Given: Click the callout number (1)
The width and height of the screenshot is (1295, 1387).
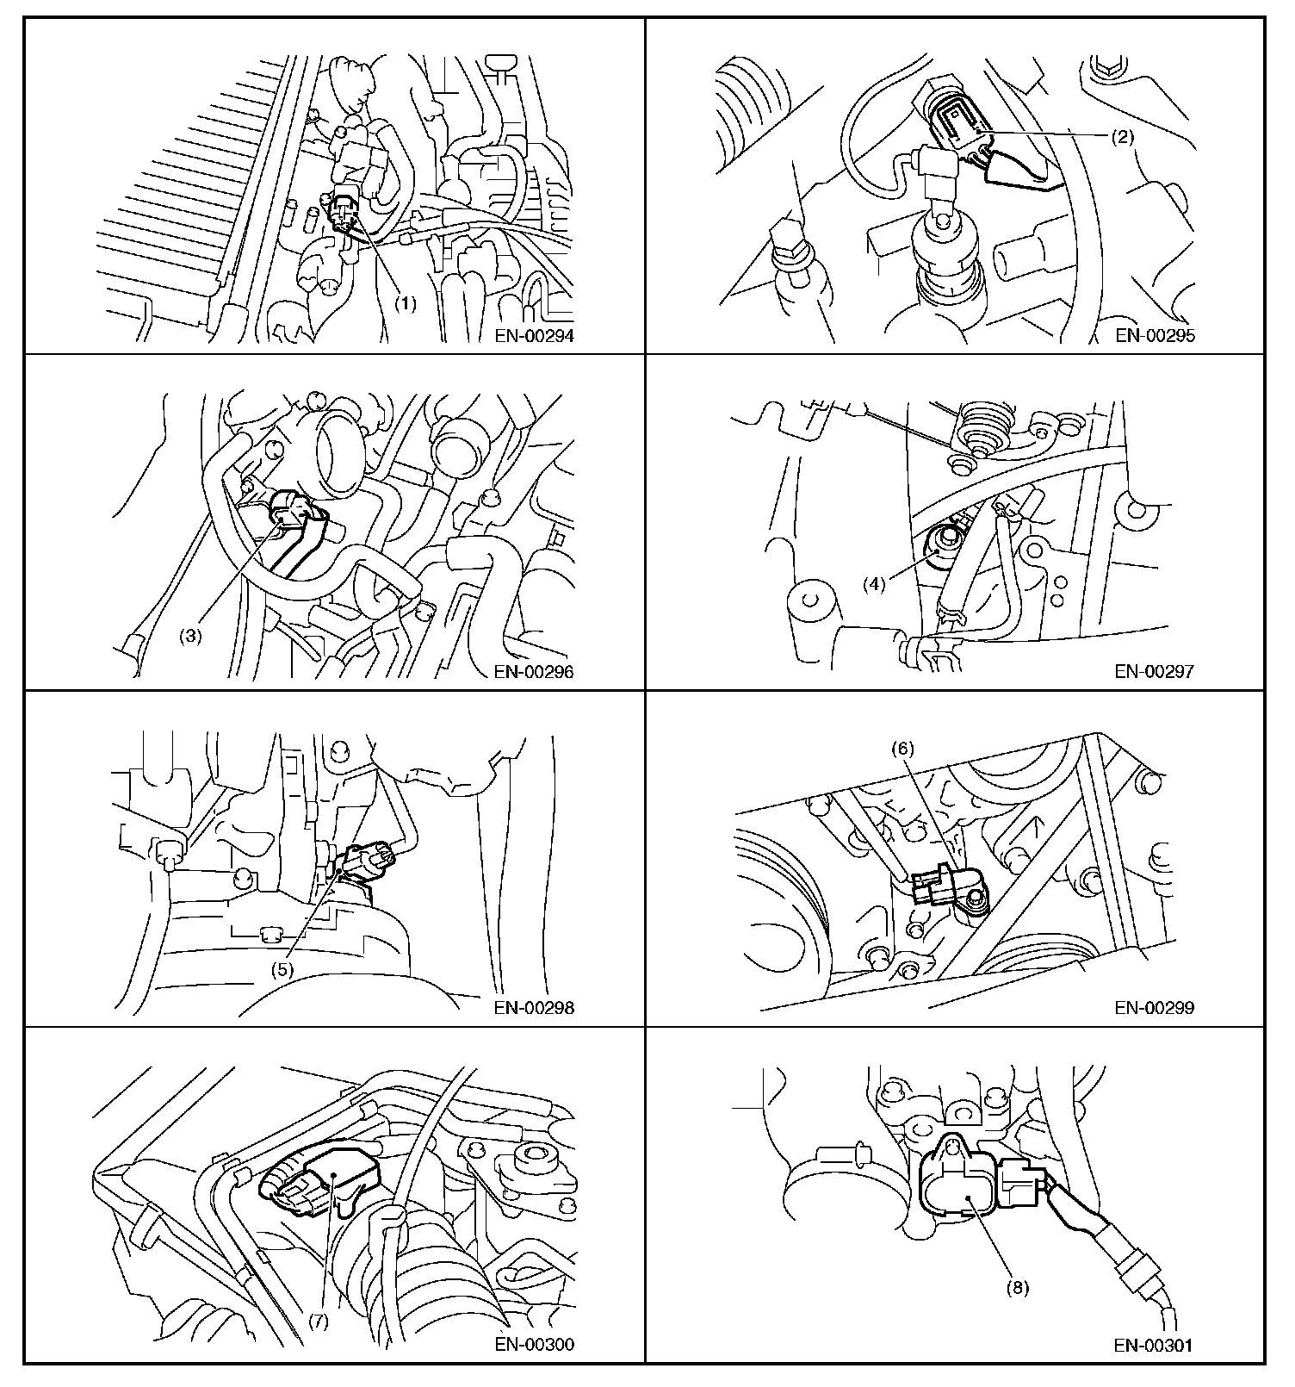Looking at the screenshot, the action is tap(406, 304).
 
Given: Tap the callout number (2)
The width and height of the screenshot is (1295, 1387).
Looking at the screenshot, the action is tap(1121, 136).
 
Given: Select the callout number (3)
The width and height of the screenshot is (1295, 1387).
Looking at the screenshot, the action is tap(190, 637).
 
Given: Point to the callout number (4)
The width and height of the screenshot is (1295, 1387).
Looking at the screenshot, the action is tap(875, 584).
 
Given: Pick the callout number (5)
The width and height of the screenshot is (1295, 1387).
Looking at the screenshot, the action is tap(283, 968).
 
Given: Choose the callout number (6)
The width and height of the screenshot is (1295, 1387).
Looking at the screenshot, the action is tap(902, 749).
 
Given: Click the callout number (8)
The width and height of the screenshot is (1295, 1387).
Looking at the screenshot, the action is tap(1017, 1288).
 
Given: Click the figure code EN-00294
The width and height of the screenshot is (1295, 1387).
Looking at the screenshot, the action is tap(534, 336).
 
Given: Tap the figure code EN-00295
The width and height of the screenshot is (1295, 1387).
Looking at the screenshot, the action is tap(1156, 336).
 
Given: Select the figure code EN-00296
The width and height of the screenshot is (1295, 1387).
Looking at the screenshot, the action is tap(534, 672).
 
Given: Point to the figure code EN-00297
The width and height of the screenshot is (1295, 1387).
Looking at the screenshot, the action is tap(1156, 672).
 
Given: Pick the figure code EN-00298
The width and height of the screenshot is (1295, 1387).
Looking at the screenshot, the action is tap(534, 1007).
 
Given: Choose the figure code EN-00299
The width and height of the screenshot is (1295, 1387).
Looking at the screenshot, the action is tap(1156, 1007).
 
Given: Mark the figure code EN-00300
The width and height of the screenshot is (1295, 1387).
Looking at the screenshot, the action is tap(534, 1343).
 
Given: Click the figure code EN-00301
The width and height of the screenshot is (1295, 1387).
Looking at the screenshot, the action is tap(1156, 1343).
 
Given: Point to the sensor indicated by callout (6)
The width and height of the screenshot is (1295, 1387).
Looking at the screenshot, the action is tap(947, 887).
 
